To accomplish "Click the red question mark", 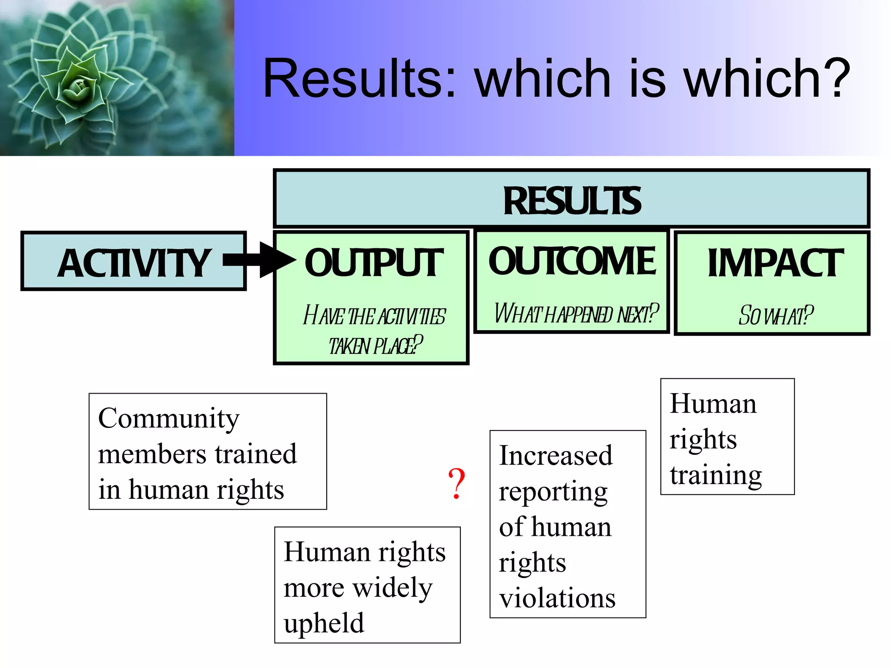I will pyautogui.click(x=456, y=484).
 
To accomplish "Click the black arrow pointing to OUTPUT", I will pyautogui.click(x=261, y=260).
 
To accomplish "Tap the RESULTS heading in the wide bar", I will pyautogui.click(x=572, y=201).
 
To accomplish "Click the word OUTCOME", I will pyautogui.click(x=572, y=261).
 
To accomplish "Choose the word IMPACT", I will pyautogui.click(x=775, y=263).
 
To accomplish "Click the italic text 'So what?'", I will pyautogui.click(x=775, y=315).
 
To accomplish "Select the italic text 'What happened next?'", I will pyautogui.click(x=576, y=314).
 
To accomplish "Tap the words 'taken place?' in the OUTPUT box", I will pyautogui.click(x=375, y=345).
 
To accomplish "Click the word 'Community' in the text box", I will pyautogui.click(x=168, y=419).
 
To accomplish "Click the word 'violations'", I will pyautogui.click(x=557, y=598).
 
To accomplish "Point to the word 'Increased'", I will pyautogui.click(x=555, y=456).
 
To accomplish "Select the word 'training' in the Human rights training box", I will pyautogui.click(x=715, y=475).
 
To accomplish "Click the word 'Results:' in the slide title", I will pyautogui.click(x=359, y=79).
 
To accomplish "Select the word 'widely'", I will pyautogui.click(x=392, y=588).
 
